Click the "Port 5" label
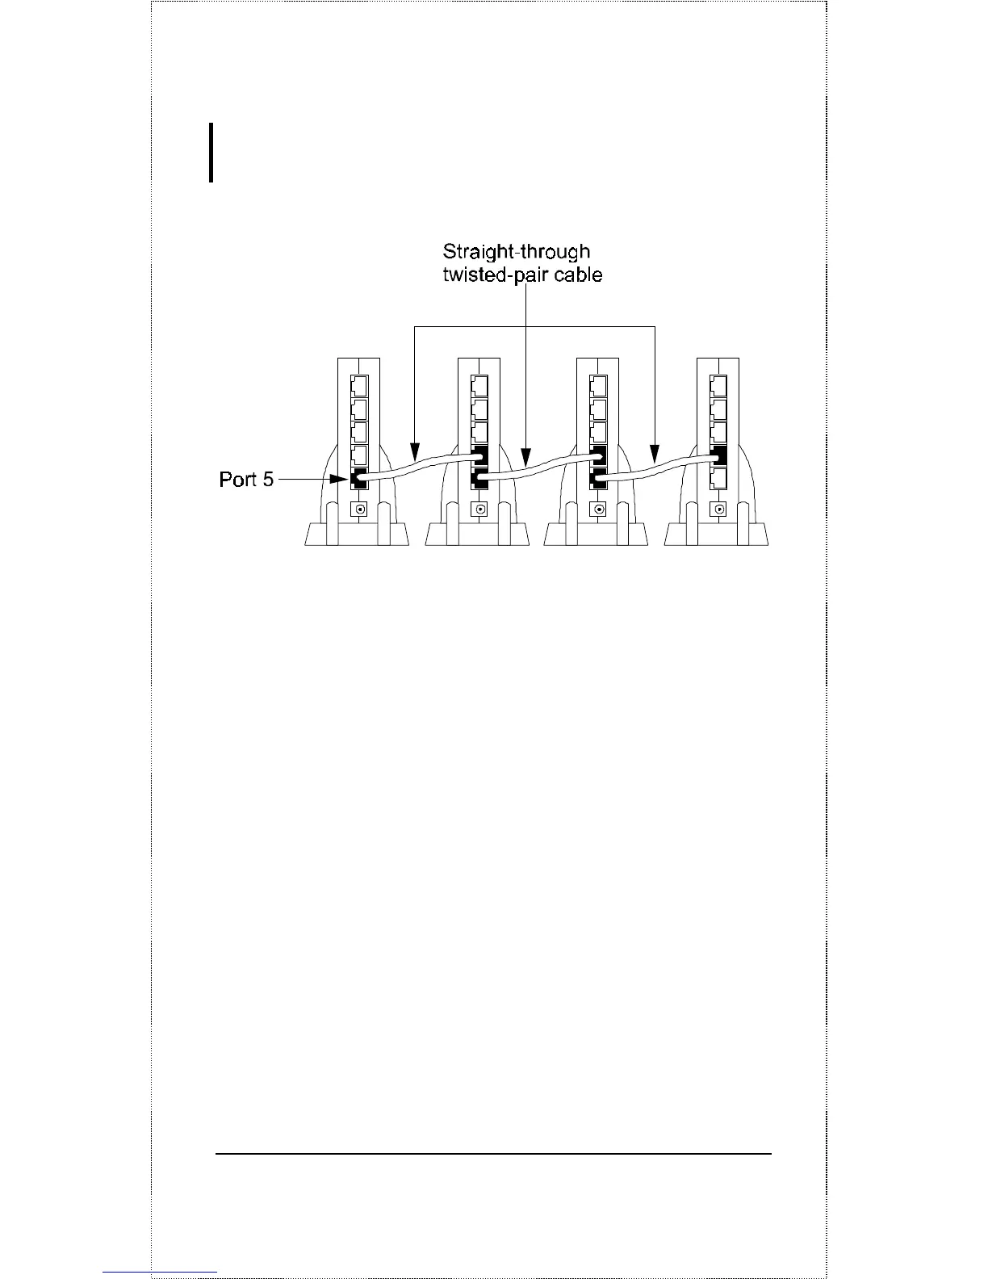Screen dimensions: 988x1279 (x=246, y=480)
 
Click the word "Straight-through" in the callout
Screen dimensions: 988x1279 (x=516, y=252)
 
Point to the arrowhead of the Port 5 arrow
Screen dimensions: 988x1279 (x=344, y=480)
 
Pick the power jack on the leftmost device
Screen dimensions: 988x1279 (x=359, y=510)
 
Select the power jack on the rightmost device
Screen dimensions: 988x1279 (x=718, y=510)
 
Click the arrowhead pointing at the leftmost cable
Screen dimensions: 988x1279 (x=414, y=448)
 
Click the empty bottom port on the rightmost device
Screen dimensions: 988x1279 (x=718, y=478)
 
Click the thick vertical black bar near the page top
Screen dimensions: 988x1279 (x=211, y=153)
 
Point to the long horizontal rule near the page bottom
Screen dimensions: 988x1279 (x=493, y=1154)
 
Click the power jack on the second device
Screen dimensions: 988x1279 (x=480, y=510)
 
